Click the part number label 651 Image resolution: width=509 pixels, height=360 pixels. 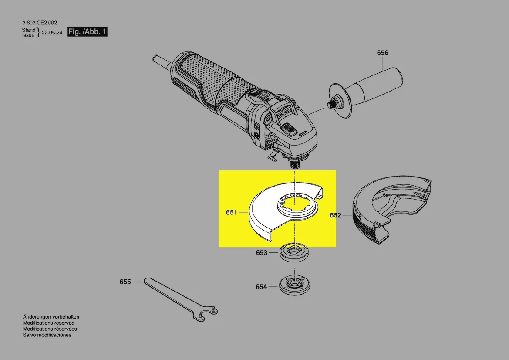tap(231, 213)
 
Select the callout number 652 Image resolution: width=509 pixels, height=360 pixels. tap(335, 215)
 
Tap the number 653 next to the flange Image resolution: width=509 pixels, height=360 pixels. tap(261, 253)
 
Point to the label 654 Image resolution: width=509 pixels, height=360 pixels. tap(261, 287)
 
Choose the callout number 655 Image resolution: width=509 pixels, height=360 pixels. tap(125, 282)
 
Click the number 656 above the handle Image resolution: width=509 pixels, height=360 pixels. tap(382, 53)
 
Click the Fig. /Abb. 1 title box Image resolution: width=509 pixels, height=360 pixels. tap(88, 32)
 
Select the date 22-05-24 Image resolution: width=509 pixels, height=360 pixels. tap(52, 33)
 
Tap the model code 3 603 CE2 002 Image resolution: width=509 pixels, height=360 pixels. tap(40, 23)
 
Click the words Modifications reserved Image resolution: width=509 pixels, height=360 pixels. tap(49, 323)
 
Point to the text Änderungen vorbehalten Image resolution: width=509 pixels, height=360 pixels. tap(51, 317)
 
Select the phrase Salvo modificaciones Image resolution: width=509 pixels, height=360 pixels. tap(47, 335)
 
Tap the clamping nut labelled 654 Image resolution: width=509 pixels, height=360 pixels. tap(294, 286)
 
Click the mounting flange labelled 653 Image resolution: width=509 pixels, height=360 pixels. tap(294, 252)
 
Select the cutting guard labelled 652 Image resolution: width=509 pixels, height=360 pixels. tap(392, 208)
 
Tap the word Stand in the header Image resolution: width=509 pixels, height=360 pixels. tap(29, 30)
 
